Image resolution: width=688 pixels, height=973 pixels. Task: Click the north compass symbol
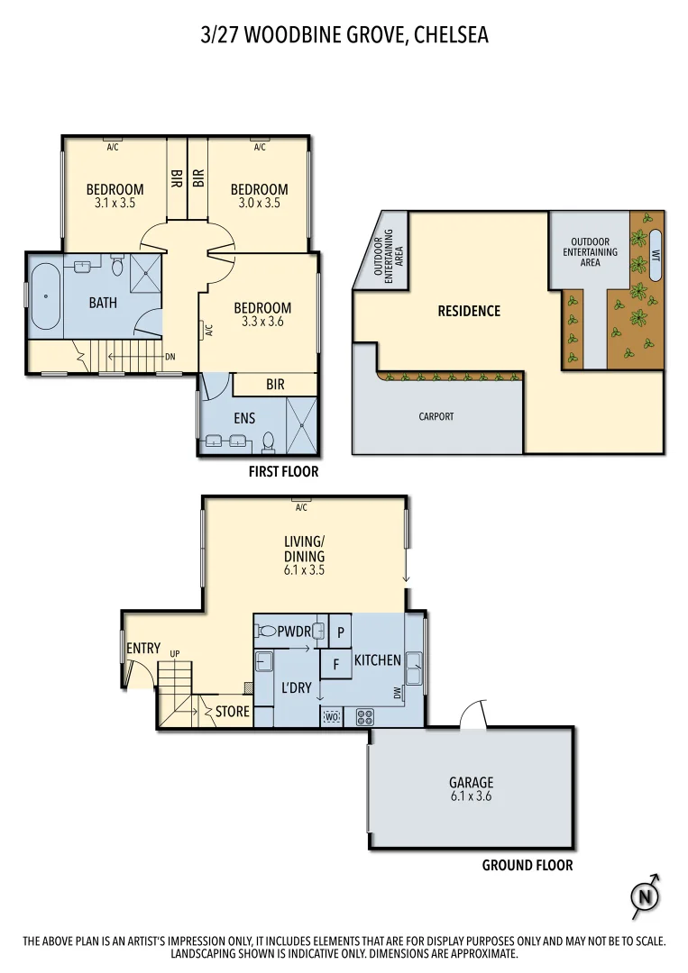point(645,896)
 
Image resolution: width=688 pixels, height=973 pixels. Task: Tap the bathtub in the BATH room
point(46,296)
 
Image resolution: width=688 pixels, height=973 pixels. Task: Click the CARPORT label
point(436,417)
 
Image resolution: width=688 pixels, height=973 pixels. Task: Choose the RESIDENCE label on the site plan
point(469,311)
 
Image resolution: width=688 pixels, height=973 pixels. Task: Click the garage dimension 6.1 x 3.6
point(471,796)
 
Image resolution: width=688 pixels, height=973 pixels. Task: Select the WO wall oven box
point(331,717)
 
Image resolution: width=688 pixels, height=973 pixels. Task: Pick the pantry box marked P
point(341,632)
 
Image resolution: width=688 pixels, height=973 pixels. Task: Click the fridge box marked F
point(336,665)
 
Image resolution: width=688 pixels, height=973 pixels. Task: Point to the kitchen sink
point(416,669)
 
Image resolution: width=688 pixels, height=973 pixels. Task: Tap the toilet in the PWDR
point(265,632)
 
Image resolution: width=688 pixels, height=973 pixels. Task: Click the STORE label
point(232,712)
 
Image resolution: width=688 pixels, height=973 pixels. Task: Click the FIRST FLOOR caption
point(283,471)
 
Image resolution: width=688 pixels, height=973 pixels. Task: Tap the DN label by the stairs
point(170,356)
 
